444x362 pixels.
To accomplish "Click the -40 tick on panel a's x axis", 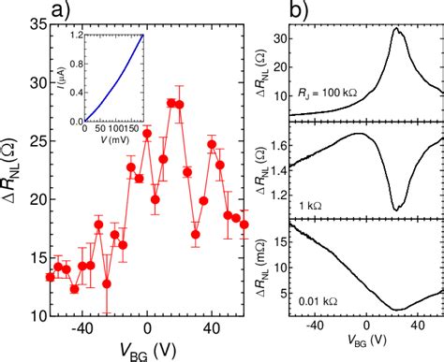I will [x=82, y=328].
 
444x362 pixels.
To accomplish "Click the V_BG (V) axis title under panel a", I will [x=146, y=348].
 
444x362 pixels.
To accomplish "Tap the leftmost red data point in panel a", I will [x=51, y=277].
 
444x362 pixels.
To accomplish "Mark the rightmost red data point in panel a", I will [x=244, y=224].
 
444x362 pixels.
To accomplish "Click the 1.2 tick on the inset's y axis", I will [x=75, y=35].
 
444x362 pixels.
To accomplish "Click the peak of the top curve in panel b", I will [x=396, y=29].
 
